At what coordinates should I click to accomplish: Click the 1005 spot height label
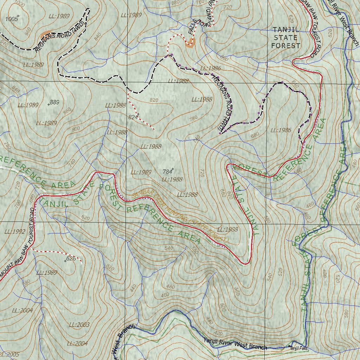[x=12, y=19]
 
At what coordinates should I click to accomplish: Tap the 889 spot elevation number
[x=54, y=102]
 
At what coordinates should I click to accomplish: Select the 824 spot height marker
[x=133, y=117]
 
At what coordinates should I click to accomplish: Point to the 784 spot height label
[x=167, y=172]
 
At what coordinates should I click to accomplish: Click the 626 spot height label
[x=71, y=259]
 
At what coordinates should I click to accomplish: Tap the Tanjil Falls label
[x=299, y=348]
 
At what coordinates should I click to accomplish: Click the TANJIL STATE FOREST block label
[x=285, y=38]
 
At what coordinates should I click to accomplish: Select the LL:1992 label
[x=15, y=232]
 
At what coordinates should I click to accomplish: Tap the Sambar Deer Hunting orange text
[x=179, y=216]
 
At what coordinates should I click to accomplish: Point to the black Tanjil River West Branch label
[x=235, y=344]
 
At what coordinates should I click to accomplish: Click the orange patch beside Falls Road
[x=190, y=43]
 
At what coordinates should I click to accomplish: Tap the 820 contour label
[x=154, y=100]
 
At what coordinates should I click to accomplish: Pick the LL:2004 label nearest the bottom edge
[x=77, y=343]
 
